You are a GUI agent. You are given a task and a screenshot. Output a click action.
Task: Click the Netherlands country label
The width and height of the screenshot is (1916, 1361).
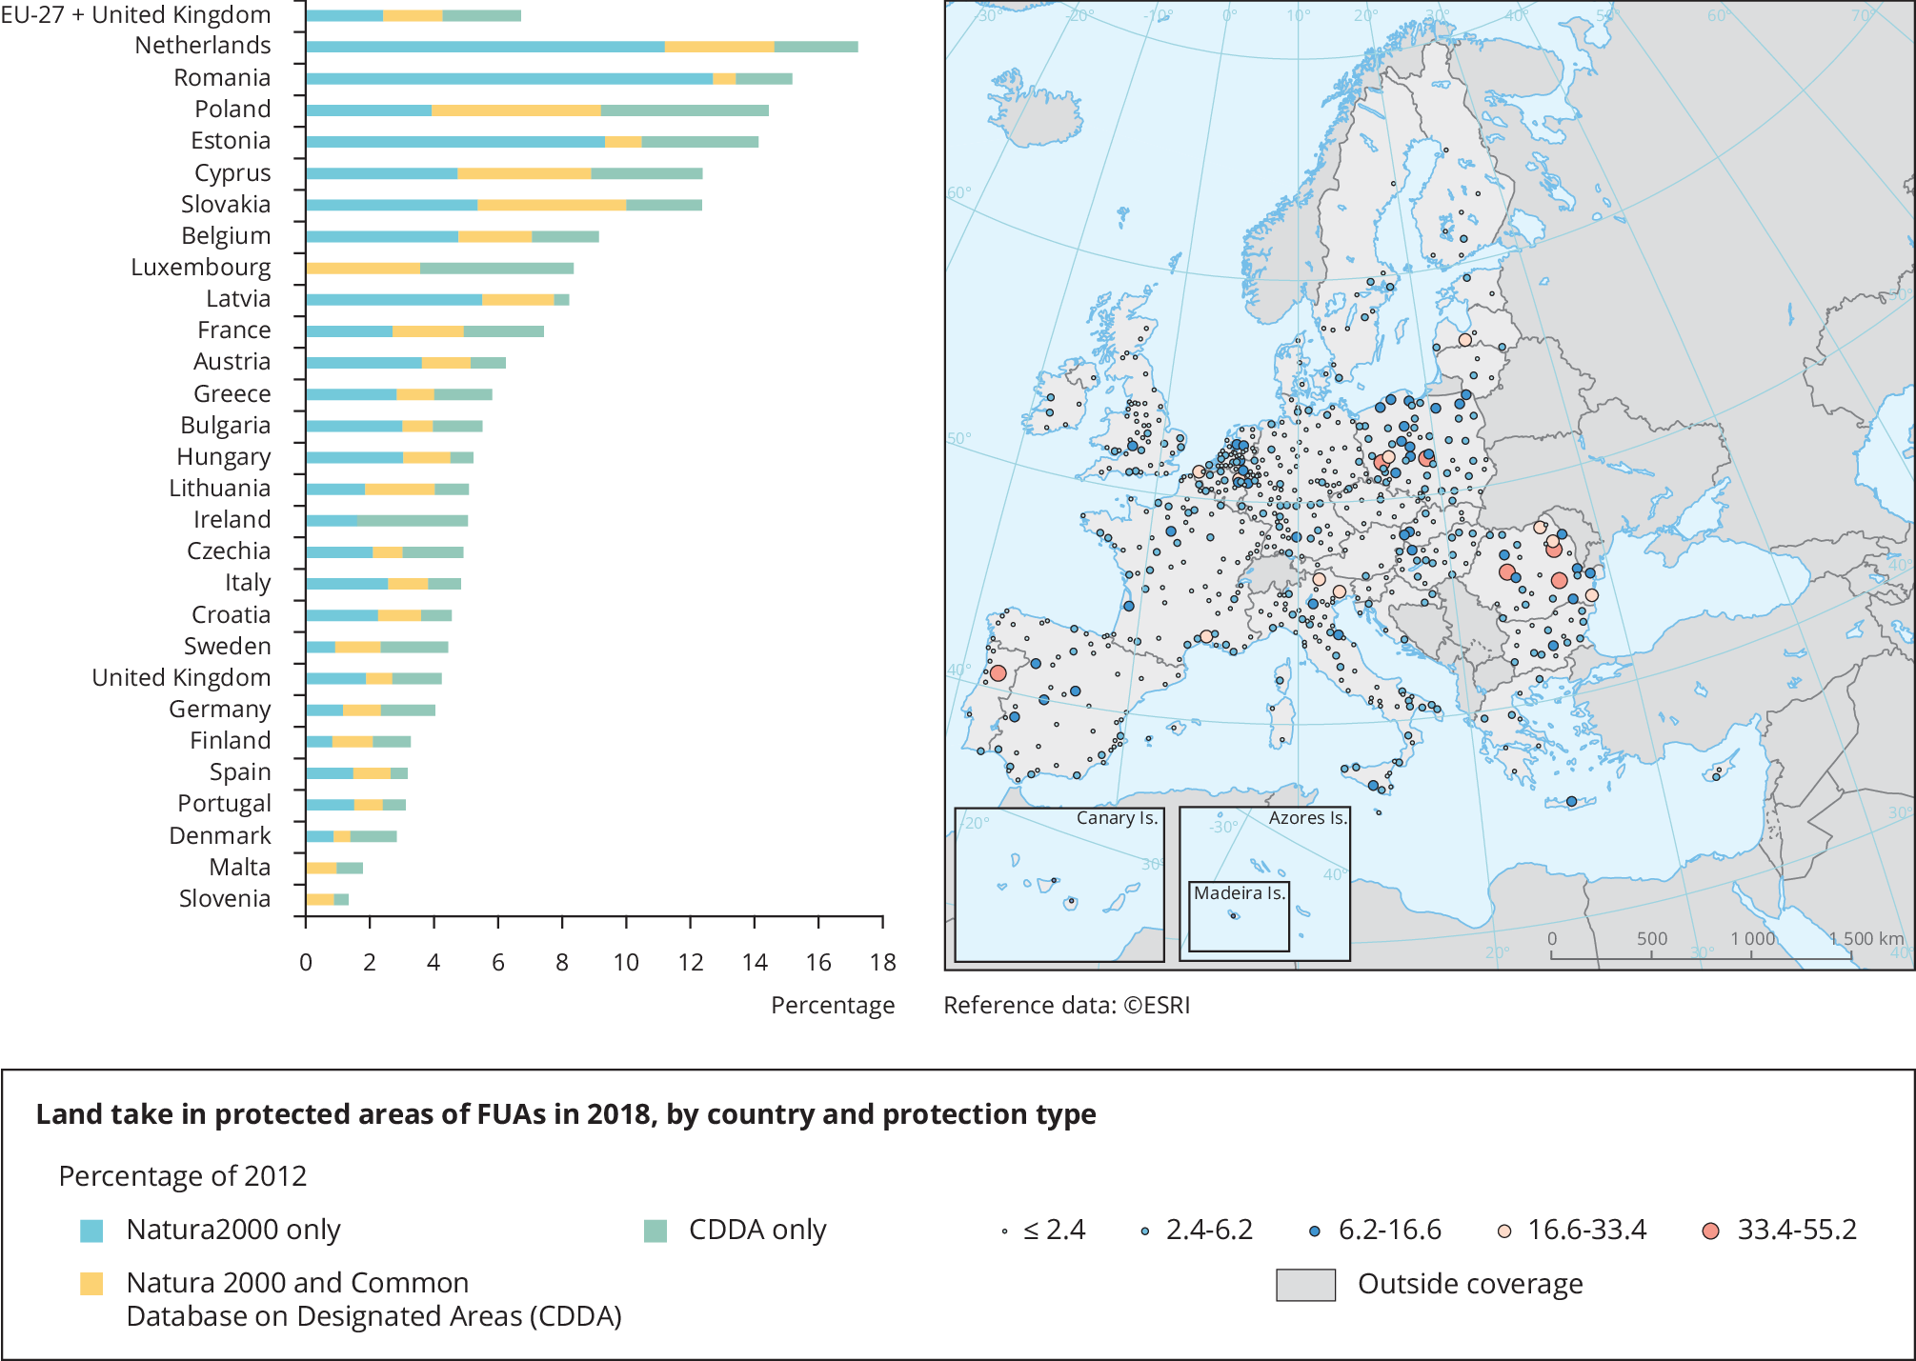coord(202,46)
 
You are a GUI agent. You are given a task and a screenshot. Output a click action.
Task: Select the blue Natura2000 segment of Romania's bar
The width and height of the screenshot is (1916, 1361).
coord(509,79)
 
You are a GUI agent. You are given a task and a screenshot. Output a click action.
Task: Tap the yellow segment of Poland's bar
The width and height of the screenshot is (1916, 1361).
coord(515,110)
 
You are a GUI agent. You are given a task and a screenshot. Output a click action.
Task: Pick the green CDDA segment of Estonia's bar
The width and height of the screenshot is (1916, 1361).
coord(699,142)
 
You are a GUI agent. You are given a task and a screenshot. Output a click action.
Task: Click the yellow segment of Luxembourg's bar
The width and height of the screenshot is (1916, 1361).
coord(363,269)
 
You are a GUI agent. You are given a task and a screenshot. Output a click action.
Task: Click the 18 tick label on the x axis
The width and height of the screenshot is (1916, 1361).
coord(882,962)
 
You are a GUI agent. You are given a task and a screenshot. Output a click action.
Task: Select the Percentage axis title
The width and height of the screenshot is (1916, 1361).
coord(832,1006)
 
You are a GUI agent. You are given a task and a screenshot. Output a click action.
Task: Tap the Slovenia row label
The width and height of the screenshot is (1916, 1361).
coord(225,899)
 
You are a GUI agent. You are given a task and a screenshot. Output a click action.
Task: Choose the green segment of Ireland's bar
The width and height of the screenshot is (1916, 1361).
coord(413,521)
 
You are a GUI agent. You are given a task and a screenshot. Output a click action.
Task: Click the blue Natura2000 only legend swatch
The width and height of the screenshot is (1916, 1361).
coord(91,1231)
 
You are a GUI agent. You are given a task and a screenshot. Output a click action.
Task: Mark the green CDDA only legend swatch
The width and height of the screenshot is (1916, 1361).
coord(655,1231)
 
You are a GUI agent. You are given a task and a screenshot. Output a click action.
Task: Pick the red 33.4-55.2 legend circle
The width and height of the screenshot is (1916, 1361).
coord(1710,1231)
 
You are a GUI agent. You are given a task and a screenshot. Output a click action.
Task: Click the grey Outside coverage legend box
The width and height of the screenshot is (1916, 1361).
coord(1305,1285)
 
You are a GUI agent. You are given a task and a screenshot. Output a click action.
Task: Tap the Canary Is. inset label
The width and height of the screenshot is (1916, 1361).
coord(1117,818)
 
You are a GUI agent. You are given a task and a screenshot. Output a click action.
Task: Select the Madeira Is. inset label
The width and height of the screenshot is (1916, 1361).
coord(1240,893)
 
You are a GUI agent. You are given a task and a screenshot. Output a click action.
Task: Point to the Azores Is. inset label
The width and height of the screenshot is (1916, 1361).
coord(1307,818)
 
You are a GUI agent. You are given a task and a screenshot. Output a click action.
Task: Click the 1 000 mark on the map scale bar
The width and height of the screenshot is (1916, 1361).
coord(1752,939)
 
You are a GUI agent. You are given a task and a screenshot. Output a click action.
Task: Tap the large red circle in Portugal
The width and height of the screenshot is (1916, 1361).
coord(998,673)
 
